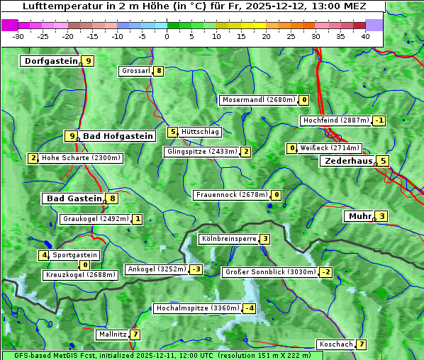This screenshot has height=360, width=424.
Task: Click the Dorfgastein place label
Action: [x=50, y=61]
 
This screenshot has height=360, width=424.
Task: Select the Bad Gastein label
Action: [x=74, y=198]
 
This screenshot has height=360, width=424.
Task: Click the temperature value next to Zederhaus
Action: [x=383, y=161]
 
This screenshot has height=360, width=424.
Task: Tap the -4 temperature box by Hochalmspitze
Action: [x=250, y=308]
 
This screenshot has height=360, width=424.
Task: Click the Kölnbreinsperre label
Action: [x=228, y=239]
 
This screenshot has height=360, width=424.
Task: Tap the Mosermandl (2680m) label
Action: [x=259, y=100]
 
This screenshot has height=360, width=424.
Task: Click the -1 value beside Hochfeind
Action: [x=380, y=120]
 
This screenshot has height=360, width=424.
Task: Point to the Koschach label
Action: [x=336, y=344]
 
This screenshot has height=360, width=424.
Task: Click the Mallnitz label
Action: [x=113, y=334]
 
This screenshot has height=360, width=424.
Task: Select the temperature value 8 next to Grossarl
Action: [x=160, y=71]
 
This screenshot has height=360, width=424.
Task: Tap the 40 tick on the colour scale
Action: [x=365, y=36]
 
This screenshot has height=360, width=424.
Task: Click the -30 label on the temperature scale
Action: [x=18, y=36]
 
